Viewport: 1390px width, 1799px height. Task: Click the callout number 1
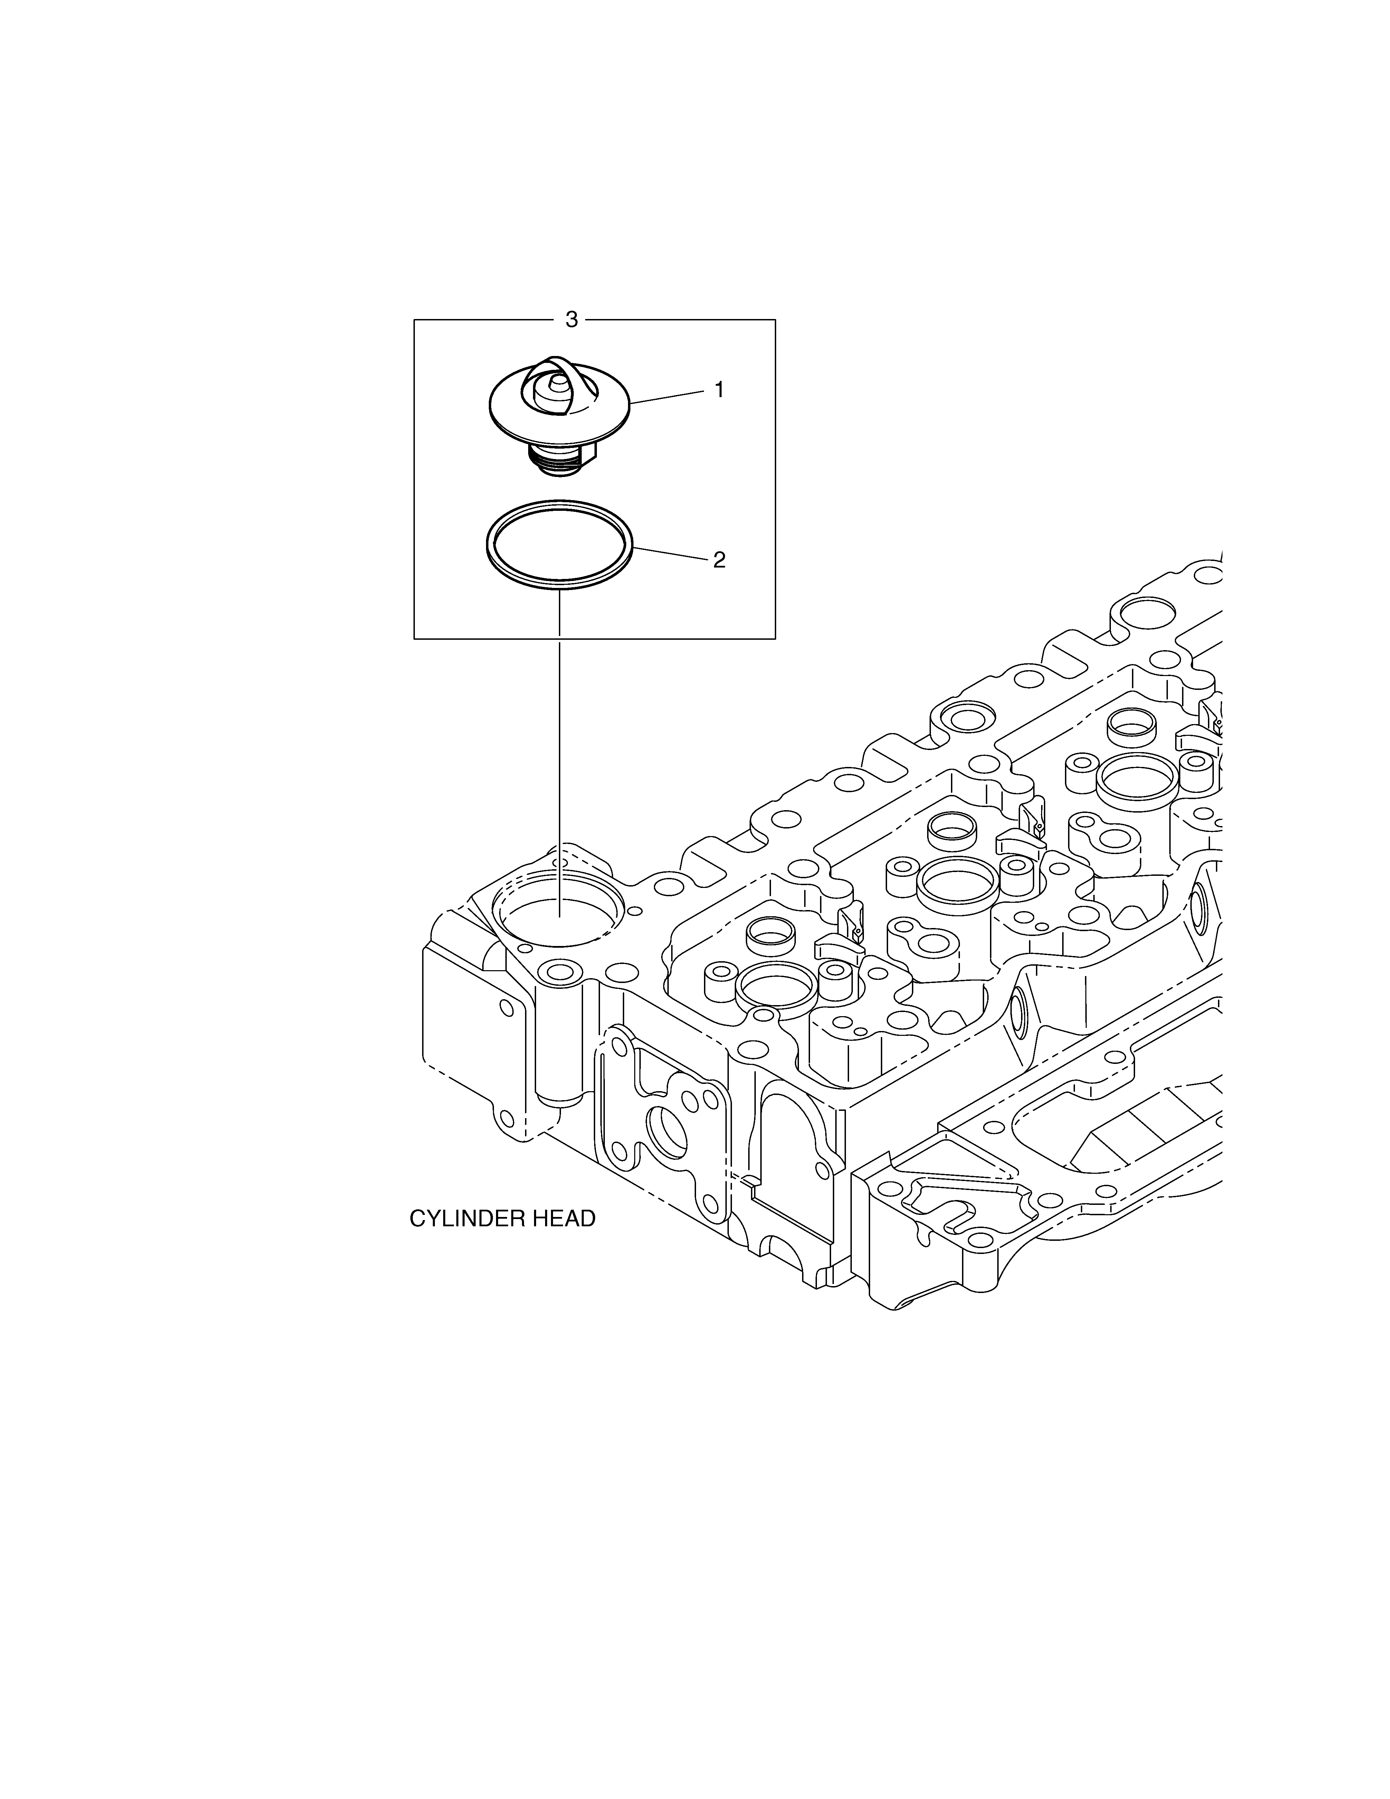(719, 390)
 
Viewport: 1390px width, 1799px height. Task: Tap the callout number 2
(719, 560)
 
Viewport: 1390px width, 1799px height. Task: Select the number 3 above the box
(571, 320)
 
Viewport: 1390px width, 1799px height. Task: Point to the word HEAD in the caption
(563, 1242)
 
